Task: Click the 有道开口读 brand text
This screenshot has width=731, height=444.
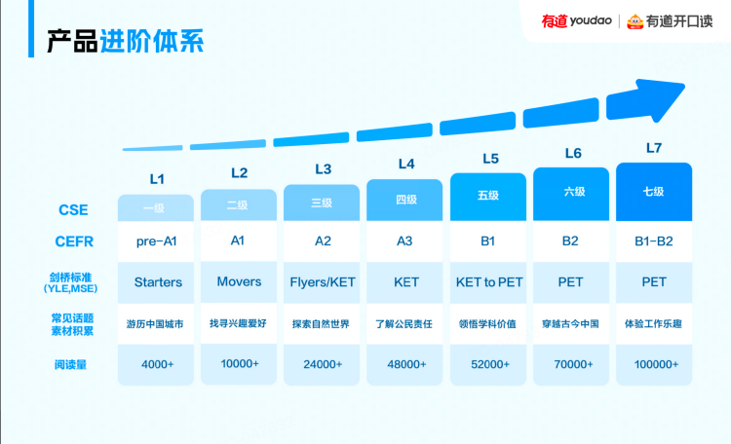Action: tap(678, 20)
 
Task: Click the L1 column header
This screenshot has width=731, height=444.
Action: tap(157, 179)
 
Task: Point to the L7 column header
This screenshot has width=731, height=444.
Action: tap(654, 148)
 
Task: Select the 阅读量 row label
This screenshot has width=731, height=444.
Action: tap(74, 364)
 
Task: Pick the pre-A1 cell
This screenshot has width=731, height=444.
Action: tap(157, 240)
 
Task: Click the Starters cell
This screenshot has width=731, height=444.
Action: tap(157, 282)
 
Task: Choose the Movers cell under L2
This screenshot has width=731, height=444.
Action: tap(240, 281)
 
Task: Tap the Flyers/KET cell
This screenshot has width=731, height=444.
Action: tap(323, 282)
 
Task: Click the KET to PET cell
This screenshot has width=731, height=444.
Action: tap(489, 282)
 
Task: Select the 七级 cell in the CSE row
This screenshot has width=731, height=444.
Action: tap(654, 192)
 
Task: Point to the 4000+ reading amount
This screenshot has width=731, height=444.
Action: tap(157, 364)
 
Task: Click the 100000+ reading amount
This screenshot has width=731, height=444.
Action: tap(654, 364)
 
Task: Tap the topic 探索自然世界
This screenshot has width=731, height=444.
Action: tap(323, 322)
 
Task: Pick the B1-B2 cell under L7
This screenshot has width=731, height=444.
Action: tap(654, 240)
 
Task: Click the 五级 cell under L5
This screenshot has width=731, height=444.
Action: tap(489, 195)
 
